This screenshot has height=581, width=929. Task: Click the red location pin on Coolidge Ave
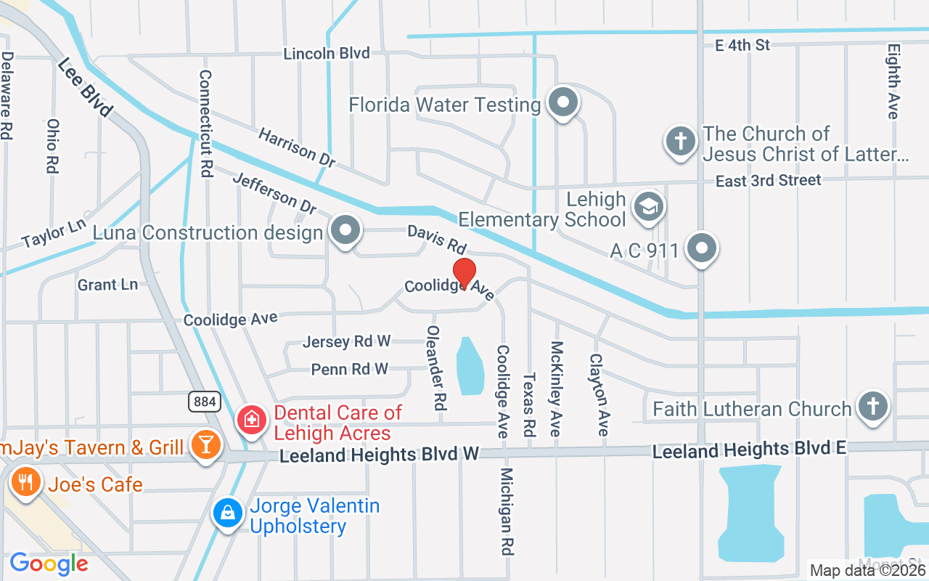(464, 273)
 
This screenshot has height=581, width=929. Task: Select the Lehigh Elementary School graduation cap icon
(649, 207)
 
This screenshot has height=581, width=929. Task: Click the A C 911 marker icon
(701, 249)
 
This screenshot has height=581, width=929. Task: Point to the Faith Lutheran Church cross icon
(872, 407)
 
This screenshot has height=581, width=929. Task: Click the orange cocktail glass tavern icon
(205, 445)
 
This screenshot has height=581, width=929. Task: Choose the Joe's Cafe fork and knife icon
(26, 482)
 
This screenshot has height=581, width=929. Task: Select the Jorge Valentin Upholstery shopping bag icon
(228, 513)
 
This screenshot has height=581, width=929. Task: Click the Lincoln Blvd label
(327, 54)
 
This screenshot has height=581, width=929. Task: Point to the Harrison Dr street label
(296, 147)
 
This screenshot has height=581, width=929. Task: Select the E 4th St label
(742, 45)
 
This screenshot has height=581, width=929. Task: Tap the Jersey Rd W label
(347, 341)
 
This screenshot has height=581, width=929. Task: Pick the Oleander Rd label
(435, 367)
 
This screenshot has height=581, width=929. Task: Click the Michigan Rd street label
(507, 511)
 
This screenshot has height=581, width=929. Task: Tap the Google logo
(49, 564)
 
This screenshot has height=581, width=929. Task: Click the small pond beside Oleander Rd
(470, 367)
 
